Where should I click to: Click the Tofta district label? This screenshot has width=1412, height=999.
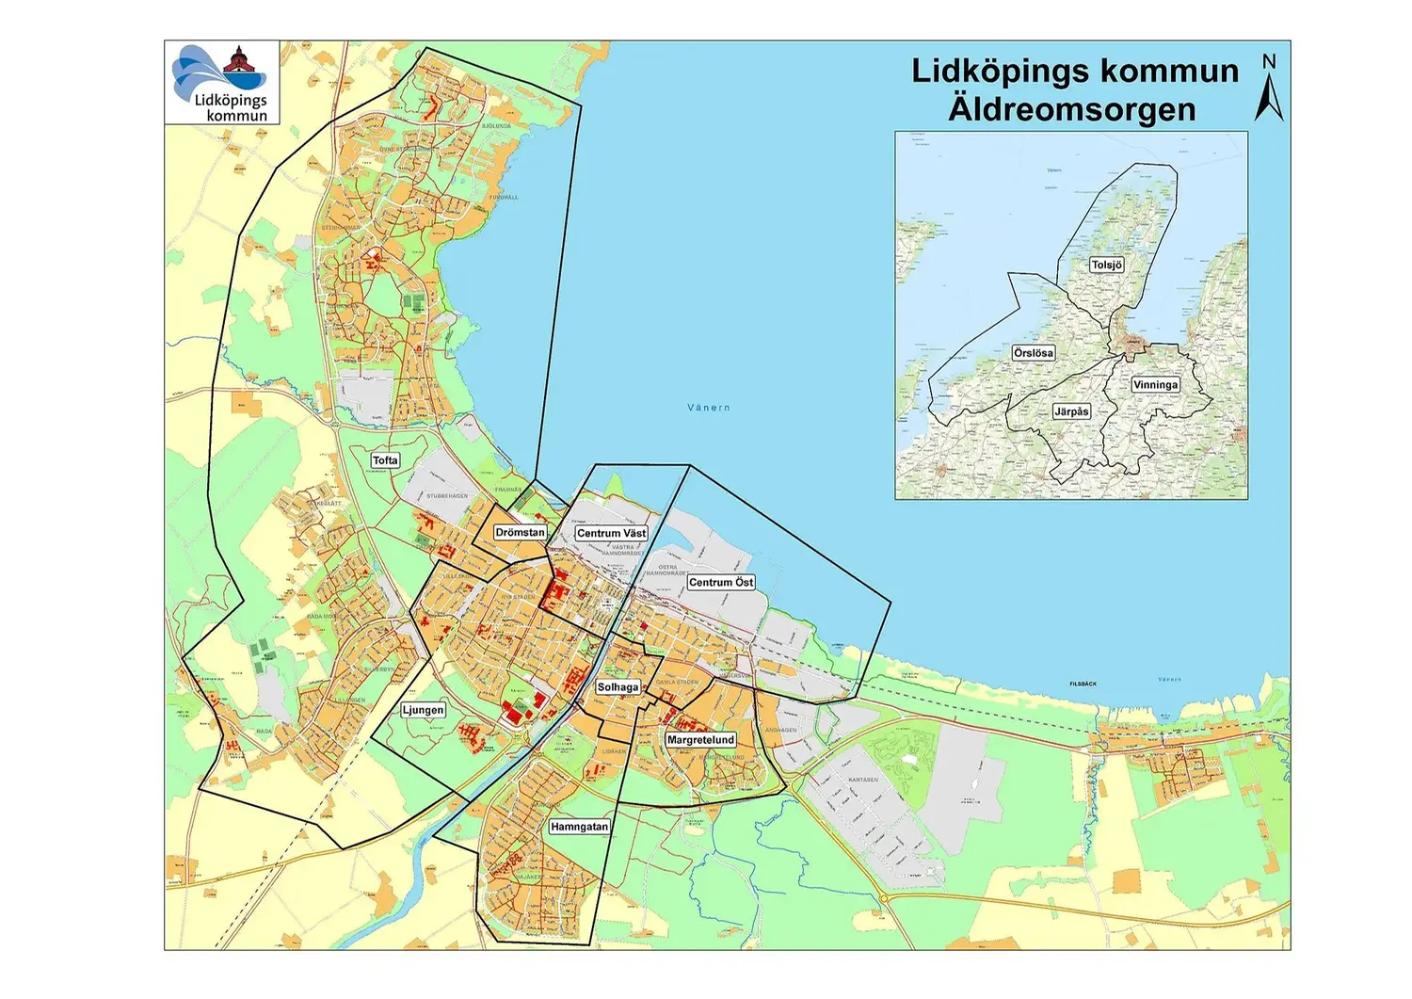click(385, 460)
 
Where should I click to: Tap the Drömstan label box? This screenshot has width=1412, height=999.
click(520, 533)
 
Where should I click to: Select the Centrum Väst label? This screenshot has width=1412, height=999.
click(611, 534)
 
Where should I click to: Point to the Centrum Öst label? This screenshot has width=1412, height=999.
click(721, 583)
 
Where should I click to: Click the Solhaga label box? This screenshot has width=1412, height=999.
click(618, 687)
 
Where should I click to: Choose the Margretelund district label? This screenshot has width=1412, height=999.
click(700, 740)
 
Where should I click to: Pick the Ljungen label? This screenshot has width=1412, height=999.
click(423, 710)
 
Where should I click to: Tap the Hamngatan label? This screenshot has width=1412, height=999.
click(579, 827)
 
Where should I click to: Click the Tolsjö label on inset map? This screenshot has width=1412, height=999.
click(1107, 266)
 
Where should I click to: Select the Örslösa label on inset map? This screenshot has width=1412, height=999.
click(1033, 353)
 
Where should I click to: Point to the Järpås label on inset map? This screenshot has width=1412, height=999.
click(1071, 411)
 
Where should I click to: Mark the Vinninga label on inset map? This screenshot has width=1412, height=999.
click(1155, 385)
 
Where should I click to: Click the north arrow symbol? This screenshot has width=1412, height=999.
click(1269, 100)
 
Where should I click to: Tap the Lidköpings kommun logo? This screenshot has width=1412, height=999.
click(223, 83)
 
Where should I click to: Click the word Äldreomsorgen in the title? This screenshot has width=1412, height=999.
click(1072, 109)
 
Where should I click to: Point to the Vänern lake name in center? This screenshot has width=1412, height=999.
click(708, 408)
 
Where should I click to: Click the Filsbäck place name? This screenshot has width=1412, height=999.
click(1083, 685)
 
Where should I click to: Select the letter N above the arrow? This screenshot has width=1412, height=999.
click(1269, 62)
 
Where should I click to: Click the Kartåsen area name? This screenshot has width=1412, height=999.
click(862, 780)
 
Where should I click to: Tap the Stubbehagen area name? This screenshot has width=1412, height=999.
click(447, 496)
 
